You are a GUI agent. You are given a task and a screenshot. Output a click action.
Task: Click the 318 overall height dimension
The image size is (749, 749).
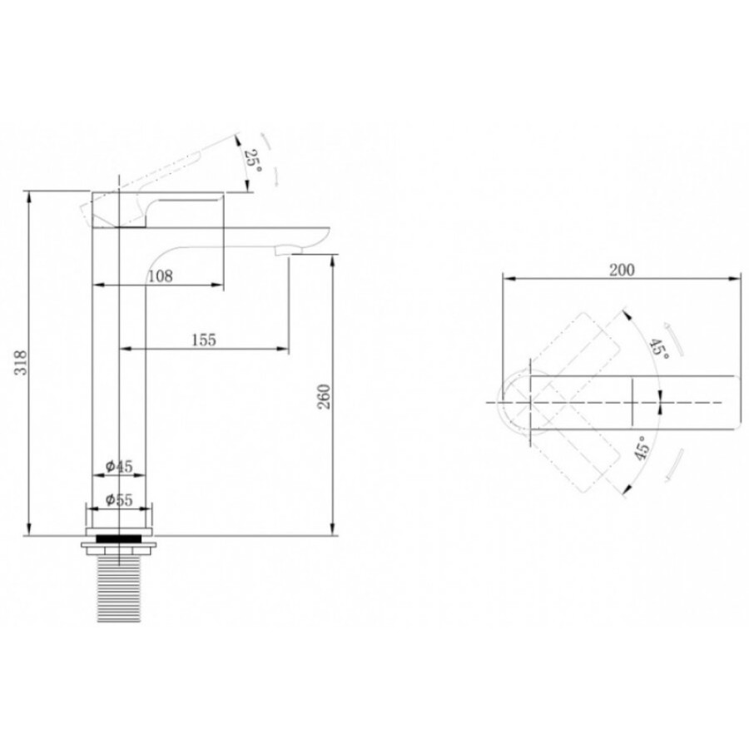pyautogui.click(x=22, y=363)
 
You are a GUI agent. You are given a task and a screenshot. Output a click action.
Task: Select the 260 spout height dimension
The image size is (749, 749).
pyautogui.click(x=325, y=396)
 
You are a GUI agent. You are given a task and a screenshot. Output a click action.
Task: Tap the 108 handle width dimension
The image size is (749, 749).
pyautogui.click(x=161, y=276)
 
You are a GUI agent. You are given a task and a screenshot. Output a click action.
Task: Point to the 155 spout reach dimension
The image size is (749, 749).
pyautogui.click(x=204, y=340)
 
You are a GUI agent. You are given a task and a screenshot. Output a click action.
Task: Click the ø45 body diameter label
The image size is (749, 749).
pyautogui.click(x=119, y=466)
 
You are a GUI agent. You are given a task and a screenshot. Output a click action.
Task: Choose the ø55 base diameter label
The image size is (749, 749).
pyautogui.click(x=119, y=499)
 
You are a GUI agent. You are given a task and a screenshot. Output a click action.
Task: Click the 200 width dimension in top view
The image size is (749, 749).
pyautogui.click(x=622, y=270)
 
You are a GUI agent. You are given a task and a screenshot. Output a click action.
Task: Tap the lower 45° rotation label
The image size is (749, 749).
pyautogui.click(x=642, y=448)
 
